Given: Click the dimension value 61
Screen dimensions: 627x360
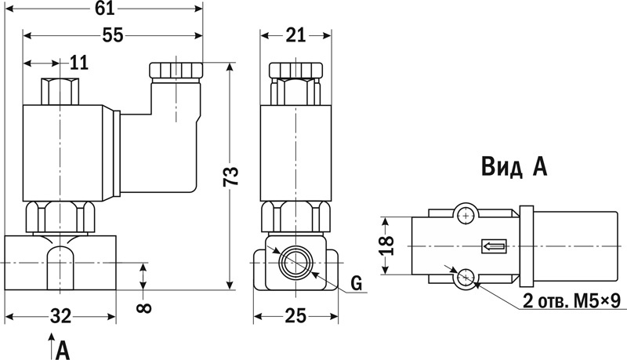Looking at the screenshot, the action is pos(104,9).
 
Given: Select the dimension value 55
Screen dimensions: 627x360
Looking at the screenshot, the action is pos(112,35).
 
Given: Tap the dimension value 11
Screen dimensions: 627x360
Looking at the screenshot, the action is pos(79,63).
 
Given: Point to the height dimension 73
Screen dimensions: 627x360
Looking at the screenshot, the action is pos(230,176).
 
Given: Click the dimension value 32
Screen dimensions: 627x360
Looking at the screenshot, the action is pos(61,316).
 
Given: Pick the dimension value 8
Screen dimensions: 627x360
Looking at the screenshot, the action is pos(144,307).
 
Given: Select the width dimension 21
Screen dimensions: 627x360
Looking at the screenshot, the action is pos(295,35).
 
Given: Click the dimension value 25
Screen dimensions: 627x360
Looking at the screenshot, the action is pos(296,316).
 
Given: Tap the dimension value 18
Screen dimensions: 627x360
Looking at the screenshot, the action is pos(386,245).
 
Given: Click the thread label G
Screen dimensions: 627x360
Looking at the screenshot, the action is pos(357,283).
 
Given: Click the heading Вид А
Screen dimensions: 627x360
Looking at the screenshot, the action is pos(514,166).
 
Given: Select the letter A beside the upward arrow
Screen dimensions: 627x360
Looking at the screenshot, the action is pos(63,351).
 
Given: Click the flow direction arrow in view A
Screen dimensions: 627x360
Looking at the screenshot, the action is pos(495,246).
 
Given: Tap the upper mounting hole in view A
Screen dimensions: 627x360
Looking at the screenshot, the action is pos(466,216).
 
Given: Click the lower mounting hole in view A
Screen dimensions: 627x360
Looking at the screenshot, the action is pos(466,276).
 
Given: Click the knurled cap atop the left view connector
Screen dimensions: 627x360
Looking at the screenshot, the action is pos(176,70).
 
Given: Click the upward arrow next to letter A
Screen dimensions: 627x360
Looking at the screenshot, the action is pos(51,346).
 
